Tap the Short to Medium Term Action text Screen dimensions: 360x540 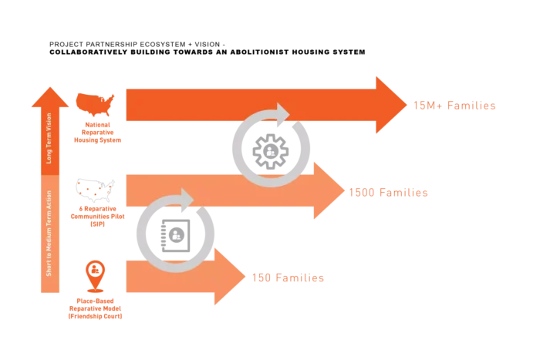point(49,232)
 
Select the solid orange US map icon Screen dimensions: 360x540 point(96,101)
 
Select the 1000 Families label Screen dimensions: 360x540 point(389,192)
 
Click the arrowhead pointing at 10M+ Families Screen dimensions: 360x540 point(390,105)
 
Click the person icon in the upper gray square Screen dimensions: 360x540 point(270,151)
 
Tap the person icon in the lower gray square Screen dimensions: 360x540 point(176,234)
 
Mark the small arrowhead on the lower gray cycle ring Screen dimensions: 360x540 point(187,197)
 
